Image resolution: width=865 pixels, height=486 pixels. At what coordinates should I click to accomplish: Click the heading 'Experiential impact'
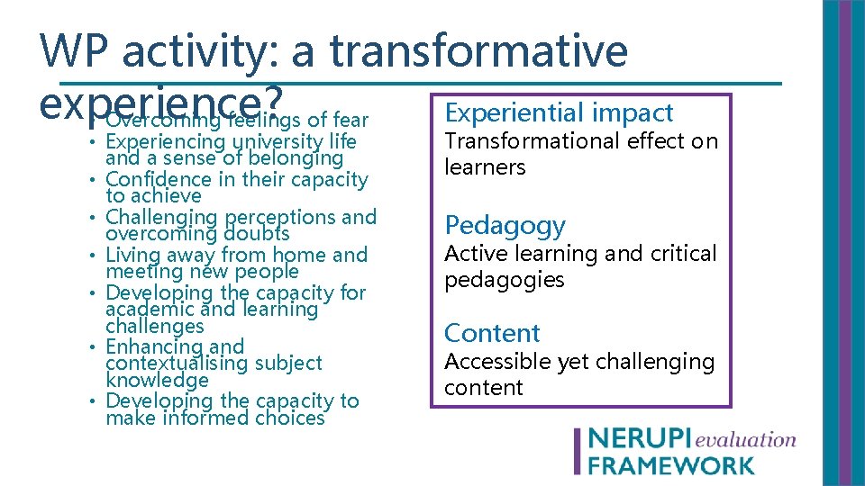(559, 113)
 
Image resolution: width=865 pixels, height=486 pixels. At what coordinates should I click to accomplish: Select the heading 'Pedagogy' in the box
(505, 225)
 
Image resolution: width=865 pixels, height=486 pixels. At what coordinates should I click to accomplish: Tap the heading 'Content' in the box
(492, 333)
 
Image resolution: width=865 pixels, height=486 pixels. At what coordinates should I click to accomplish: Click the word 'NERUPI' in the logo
(639, 439)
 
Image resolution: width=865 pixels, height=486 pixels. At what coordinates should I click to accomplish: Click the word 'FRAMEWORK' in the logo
(671, 464)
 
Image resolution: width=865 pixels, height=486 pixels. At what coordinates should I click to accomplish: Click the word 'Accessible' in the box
(497, 362)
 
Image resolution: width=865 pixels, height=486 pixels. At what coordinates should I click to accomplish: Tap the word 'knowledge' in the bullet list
(156, 380)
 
